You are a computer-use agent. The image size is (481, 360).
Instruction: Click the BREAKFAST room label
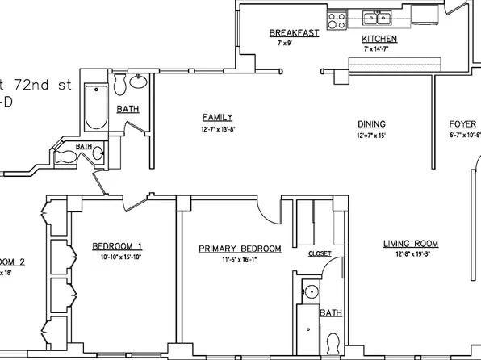294,33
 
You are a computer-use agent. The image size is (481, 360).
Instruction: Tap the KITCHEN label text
378,39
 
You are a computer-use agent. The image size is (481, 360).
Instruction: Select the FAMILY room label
218,117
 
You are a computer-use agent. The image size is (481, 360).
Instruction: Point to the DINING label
372,123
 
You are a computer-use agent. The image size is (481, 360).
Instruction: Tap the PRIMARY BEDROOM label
240,249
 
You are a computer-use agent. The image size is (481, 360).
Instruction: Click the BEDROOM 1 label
117,246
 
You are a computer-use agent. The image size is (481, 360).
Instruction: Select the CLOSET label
320,253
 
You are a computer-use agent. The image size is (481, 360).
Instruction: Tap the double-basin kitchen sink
375,18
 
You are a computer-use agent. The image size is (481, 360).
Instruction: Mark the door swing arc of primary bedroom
270,211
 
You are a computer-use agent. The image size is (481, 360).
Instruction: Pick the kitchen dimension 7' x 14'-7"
378,49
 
